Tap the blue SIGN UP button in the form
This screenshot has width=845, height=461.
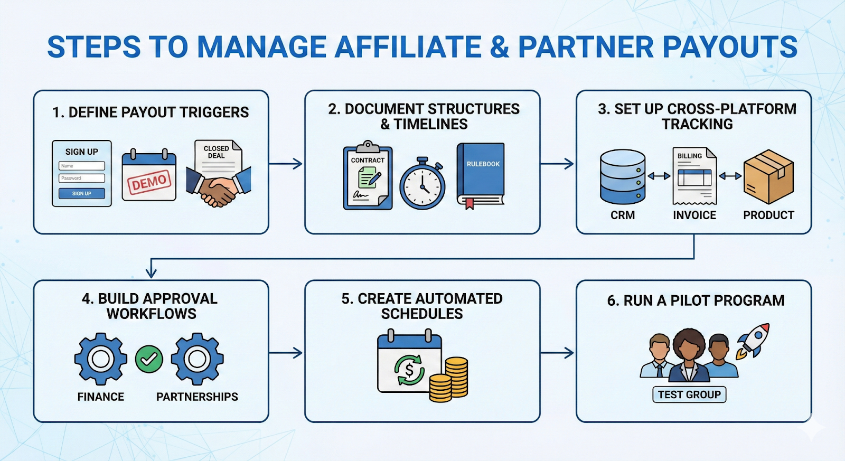[82, 193]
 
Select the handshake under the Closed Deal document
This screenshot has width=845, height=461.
[218, 188]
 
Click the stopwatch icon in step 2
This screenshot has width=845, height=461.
[422, 184]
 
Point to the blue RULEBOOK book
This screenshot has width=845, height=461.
[481, 174]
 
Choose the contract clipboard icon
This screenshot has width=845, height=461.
[368, 176]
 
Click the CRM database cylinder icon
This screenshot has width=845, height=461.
[623, 177]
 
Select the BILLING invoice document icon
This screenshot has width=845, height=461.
[694, 176]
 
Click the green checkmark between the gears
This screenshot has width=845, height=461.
[149, 359]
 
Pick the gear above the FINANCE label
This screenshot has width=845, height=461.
[100, 359]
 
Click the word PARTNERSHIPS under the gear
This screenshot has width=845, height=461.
[197, 397]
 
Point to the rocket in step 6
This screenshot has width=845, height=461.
[754, 341]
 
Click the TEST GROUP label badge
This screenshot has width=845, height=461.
[689, 394]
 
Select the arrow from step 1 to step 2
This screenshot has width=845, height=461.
[286, 164]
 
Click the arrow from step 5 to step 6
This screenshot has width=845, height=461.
[557, 353]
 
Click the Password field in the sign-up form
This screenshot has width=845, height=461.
[82, 178]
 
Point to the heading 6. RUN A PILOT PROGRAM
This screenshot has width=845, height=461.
[696, 300]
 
